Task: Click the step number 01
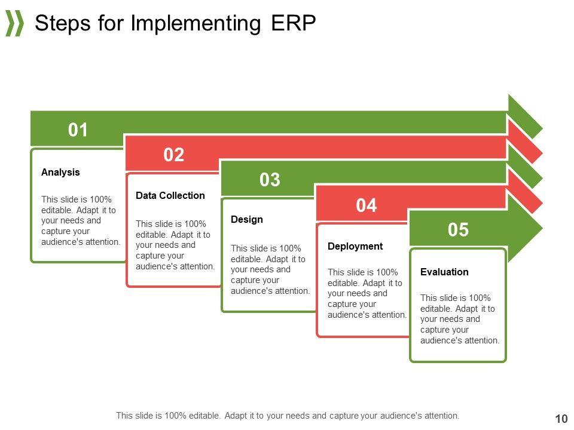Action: (78, 130)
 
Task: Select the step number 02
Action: (173, 155)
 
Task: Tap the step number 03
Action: (270, 180)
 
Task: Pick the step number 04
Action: (367, 205)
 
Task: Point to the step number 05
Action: (458, 229)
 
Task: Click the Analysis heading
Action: (60, 172)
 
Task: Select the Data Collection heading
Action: (170, 196)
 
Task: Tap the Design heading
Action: (247, 219)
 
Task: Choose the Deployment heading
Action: (355, 247)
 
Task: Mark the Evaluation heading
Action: (444, 272)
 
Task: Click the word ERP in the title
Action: (294, 23)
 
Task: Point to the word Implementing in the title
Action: (196, 24)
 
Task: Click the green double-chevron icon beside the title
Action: (14, 23)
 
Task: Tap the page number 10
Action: (561, 419)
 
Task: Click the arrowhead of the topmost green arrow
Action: (525, 116)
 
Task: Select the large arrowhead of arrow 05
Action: (524, 228)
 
